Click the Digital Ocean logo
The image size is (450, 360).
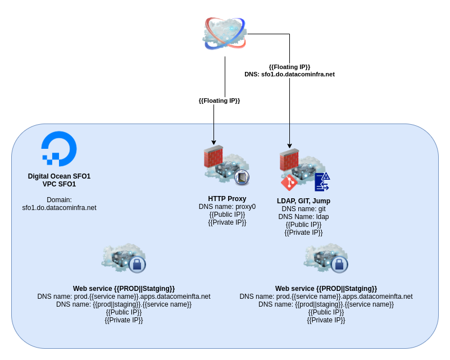tap(59, 148)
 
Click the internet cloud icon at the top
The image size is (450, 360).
tap(225, 32)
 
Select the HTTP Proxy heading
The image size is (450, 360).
tap(227, 199)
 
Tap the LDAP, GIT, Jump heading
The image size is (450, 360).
tap(303, 201)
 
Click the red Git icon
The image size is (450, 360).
tap(289, 183)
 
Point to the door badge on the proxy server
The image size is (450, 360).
tap(242, 177)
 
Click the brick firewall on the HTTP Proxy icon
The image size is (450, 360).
tap(213, 157)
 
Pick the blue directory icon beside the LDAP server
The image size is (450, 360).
tap(322, 182)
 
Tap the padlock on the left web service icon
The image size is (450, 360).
tap(137, 264)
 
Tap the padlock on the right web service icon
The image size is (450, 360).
tap(339, 264)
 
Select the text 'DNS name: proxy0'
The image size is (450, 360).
tap(227, 207)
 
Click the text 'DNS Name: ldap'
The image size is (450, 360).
tap(303, 217)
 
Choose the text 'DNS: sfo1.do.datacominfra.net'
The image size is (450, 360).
tap(289, 74)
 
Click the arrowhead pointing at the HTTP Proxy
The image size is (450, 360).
tap(214, 142)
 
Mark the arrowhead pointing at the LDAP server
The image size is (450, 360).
tap(289, 145)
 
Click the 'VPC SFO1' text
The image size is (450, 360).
tap(59, 184)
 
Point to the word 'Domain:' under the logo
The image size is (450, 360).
tap(59, 199)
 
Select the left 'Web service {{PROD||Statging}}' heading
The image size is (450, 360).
tap(124, 289)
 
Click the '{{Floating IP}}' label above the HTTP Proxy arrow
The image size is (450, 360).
tap(219, 101)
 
